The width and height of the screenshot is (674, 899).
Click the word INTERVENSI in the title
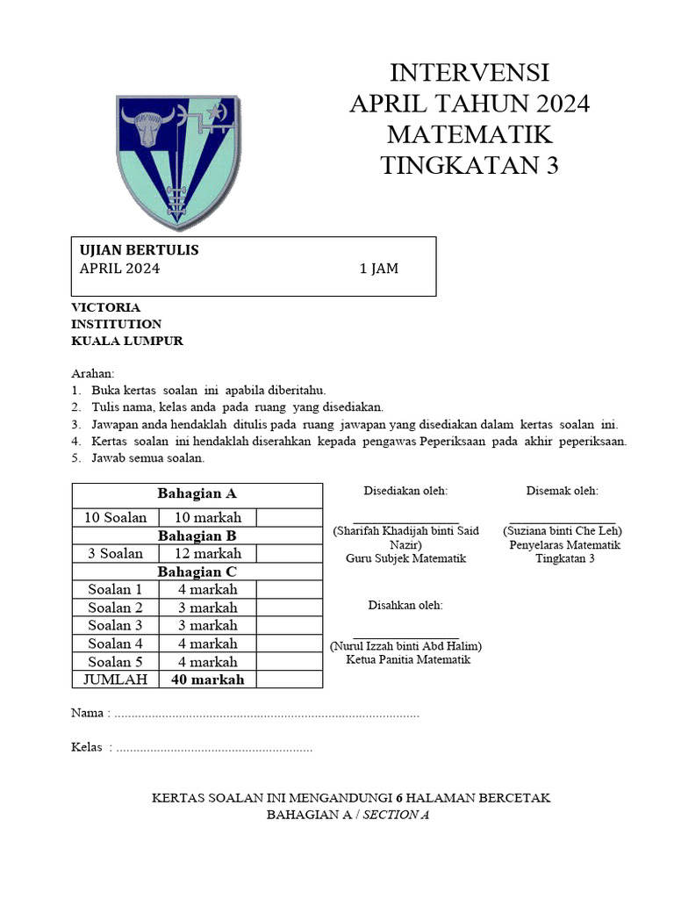click(470, 72)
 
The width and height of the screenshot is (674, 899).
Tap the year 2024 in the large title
click(554, 104)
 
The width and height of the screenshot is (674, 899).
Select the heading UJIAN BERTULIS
click(140, 250)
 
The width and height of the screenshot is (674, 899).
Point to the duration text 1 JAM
click(379, 269)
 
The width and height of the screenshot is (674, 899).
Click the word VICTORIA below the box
click(105, 307)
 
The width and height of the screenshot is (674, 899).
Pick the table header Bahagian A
click(197, 493)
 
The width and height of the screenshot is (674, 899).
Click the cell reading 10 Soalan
click(115, 517)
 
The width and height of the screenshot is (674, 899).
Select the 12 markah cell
click(207, 553)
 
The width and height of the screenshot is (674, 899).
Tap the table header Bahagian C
click(197, 572)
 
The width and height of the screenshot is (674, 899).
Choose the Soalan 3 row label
click(115, 625)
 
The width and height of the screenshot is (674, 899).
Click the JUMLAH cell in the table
click(115, 680)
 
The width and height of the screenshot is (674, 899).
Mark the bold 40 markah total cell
click(207, 680)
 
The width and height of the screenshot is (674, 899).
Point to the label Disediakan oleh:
click(405, 491)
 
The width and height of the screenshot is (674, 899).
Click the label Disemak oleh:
click(563, 491)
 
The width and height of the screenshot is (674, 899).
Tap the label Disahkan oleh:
click(405, 606)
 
